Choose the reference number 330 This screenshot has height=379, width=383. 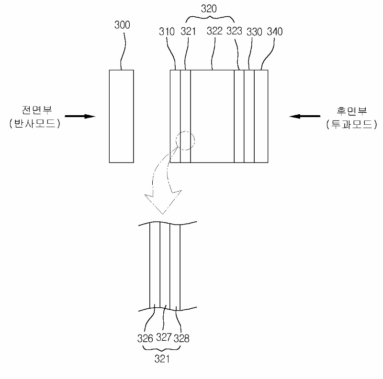point(255,32)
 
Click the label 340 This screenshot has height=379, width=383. point(274,32)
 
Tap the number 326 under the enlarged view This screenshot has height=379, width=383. point(145,338)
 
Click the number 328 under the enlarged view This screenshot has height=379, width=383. point(182,338)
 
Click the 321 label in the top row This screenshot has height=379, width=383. point(189,32)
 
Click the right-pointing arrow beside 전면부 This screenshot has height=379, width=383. point(79,116)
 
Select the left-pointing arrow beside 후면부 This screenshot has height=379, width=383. point(304,116)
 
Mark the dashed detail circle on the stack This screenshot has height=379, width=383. point(185,141)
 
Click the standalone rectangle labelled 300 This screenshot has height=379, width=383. point(122,116)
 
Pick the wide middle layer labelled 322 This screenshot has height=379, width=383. point(212,116)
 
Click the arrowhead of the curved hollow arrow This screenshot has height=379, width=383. point(163,203)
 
